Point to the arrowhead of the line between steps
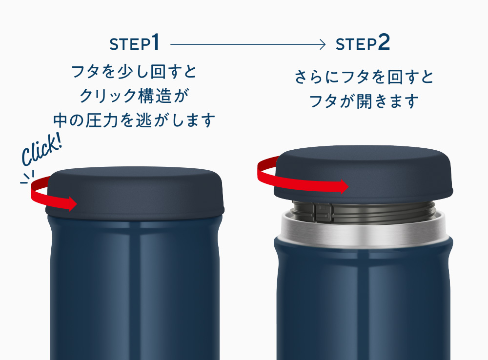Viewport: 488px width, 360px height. tap(323, 44)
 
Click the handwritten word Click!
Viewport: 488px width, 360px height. tap(41, 150)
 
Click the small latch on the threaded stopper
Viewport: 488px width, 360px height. tap(323, 211)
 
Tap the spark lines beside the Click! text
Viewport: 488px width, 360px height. tap(28, 177)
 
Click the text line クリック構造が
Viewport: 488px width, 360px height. tap(134, 96)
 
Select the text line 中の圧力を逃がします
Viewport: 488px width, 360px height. tap(134, 120)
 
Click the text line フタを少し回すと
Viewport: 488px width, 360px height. tap(134, 71)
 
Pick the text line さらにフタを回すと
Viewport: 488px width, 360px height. tap(364, 77)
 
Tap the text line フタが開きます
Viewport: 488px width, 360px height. tap(364, 101)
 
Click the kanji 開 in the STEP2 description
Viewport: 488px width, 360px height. tap(364, 101)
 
